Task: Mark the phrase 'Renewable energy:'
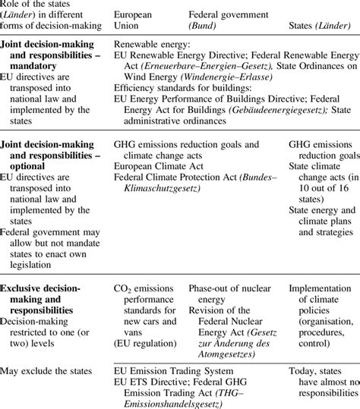[x=153, y=43]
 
